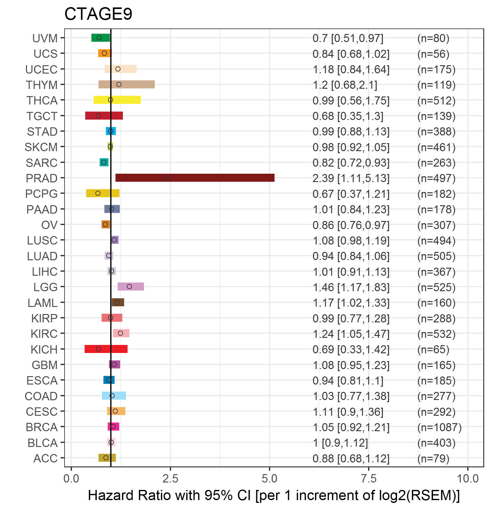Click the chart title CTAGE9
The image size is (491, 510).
click(98, 14)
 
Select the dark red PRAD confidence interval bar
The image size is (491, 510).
click(195, 178)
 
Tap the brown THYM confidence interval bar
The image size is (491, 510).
click(127, 84)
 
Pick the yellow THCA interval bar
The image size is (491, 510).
click(117, 100)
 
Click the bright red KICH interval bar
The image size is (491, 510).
click(106, 349)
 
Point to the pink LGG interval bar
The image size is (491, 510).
click(131, 287)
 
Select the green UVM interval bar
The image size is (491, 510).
click(101, 38)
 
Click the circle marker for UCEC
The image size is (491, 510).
click(118, 69)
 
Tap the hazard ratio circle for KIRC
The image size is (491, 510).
click(120, 333)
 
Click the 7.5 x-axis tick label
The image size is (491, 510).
click(369, 479)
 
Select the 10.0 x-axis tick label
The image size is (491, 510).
click(468, 479)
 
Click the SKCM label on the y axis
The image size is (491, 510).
click(41, 147)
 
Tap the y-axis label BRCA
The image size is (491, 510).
click(42, 427)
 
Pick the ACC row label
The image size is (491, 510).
click(45, 458)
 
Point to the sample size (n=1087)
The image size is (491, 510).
click(439, 427)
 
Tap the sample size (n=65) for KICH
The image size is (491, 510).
click(433, 350)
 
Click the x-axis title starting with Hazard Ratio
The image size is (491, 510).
click(274, 495)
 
